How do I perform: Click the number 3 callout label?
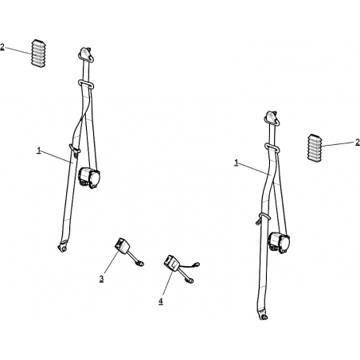pyautogui.click(x=101, y=279)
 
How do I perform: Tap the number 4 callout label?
pyautogui.click(x=161, y=301)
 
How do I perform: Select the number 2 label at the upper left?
pyautogui.click(x=2, y=47)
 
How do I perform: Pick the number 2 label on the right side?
pyautogui.click(x=358, y=143)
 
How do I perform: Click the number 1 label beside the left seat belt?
pyautogui.click(x=39, y=151)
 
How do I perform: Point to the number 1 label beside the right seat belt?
pyautogui.click(x=237, y=162)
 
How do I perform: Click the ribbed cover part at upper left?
pyautogui.click(x=38, y=53)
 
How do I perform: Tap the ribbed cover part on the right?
pyautogui.click(x=315, y=147)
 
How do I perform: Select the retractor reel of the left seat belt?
pyautogui.click(x=89, y=178)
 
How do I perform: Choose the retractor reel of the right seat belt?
pyautogui.click(x=279, y=241)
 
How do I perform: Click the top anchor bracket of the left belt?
pyautogui.click(x=86, y=54)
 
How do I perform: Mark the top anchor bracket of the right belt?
pyautogui.click(x=272, y=118)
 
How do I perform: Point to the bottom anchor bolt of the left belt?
pyautogui.click(x=62, y=248)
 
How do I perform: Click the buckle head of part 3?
pyautogui.click(x=122, y=245)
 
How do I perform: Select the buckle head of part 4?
pyautogui.click(x=171, y=263)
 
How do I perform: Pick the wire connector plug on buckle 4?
pyautogui.click(x=197, y=264)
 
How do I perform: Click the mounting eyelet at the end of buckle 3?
pyautogui.click(x=140, y=264)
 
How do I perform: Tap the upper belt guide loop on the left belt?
pyautogui.click(x=85, y=84)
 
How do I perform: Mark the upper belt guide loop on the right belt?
pyautogui.click(x=272, y=147)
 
